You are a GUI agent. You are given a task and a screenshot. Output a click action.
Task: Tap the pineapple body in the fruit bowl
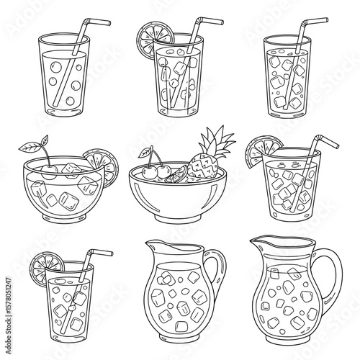click(x=203, y=166)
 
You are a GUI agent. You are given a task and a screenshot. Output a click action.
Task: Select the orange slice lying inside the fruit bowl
click(x=177, y=175)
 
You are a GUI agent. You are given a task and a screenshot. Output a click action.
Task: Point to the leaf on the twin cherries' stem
click(x=145, y=153)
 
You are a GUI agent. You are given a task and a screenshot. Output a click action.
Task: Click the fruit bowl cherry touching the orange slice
click(x=164, y=171)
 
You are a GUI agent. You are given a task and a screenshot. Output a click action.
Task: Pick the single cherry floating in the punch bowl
click(x=49, y=172)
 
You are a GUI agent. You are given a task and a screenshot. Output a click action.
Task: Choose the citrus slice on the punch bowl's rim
click(x=103, y=166)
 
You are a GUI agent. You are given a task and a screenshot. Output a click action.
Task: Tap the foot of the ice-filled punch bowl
click(x=64, y=217)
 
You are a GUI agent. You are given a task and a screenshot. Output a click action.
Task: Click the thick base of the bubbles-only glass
click(x=63, y=111)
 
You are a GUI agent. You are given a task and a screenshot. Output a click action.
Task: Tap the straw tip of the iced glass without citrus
click(x=315, y=21)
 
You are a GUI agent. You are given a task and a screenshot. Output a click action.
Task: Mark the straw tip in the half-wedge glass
click(x=327, y=141)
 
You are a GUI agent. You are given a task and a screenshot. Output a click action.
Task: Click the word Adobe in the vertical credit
click(x=9, y=343)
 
